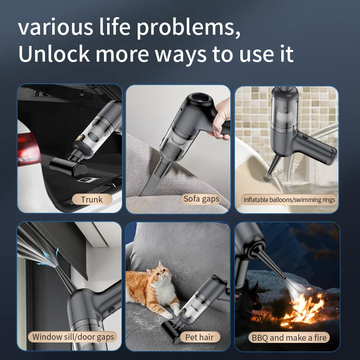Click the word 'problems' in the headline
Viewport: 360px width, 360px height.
[188, 29]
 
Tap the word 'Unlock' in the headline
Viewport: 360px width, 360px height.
[54, 54]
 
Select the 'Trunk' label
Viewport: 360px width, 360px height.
[92, 199]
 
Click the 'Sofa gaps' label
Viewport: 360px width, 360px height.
[202, 199]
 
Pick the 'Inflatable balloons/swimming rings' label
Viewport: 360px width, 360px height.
[289, 200]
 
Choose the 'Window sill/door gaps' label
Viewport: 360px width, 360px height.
[73, 337]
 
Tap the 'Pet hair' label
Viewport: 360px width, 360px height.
[199, 337]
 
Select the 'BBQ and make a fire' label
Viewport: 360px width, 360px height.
[289, 337]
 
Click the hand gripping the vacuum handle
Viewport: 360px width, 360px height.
[220, 119]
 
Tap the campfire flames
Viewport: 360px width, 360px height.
[303, 308]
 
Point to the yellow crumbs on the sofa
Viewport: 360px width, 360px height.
[140, 204]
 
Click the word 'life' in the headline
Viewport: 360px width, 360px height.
[115, 27]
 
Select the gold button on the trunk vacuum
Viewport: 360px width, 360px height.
[80, 138]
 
